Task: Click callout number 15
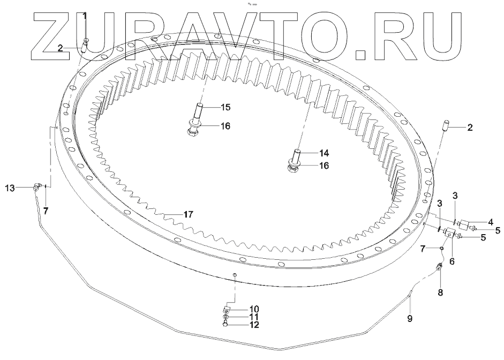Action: [225, 107]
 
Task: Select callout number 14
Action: [324, 153]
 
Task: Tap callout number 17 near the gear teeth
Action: [188, 214]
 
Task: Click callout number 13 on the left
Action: [10, 188]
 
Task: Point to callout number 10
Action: [254, 309]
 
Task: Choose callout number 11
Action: [254, 317]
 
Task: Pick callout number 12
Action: [254, 325]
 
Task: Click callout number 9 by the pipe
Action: [410, 319]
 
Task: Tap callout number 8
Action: [440, 292]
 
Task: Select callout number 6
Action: [452, 261]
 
